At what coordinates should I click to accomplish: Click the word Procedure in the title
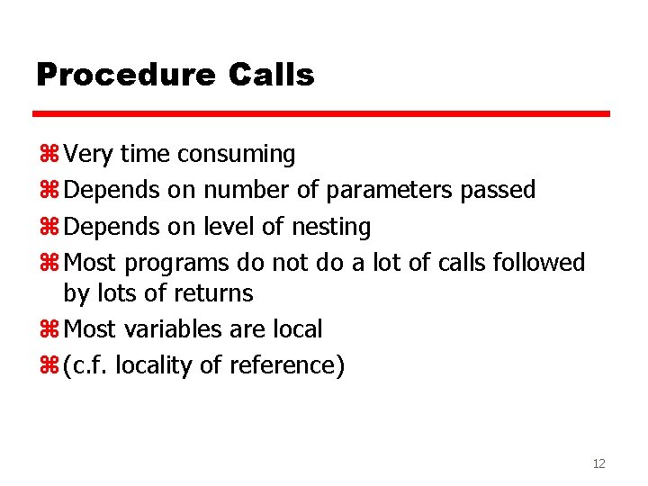point(125,76)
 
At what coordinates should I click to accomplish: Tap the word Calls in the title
point(272,75)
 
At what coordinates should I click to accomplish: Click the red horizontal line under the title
point(321,114)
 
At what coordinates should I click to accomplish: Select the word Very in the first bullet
point(89,155)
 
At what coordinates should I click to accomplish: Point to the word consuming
point(236,155)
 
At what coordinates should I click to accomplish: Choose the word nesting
point(331,227)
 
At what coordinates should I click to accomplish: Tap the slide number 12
point(599,463)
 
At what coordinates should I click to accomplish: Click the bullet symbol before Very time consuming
point(49,156)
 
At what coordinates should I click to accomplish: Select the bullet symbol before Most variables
point(49,330)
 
